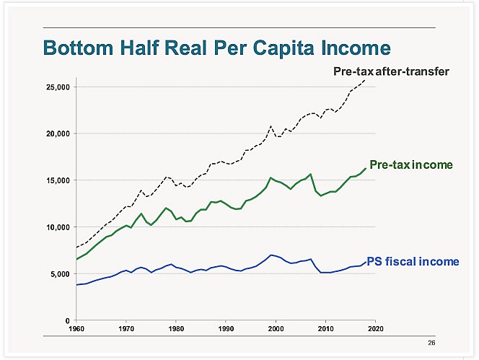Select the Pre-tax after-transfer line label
click(x=392, y=71)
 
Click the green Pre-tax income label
click(x=411, y=165)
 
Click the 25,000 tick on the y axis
click(x=56, y=87)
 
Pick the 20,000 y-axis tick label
click(x=56, y=133)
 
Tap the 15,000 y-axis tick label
click(x=56, y=180)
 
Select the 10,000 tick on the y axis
click(x=56, y=227)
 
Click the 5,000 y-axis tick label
click(x=58, y=273)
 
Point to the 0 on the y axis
click(x=66, y=320)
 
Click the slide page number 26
click(x=431, y=343)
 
